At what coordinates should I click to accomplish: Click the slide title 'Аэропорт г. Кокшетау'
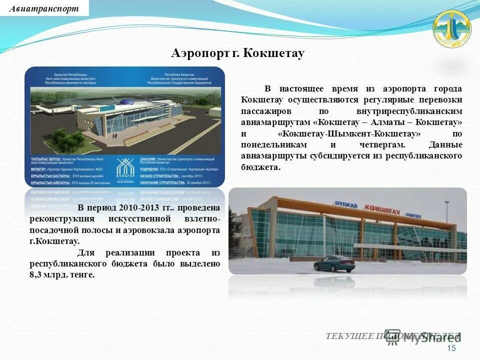pyautogui.click(x=237, y=53)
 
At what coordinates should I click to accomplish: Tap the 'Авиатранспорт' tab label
pyautogui.click(x=44, y=8)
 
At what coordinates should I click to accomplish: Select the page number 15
pyautogui.click(x=451, y=348)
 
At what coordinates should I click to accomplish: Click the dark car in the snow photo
pyautogui.click(x=334, y=263)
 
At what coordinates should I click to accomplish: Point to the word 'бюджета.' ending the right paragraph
pyautogui.click(x=260, y=167)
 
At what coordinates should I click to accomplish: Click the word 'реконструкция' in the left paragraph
pyautogui.click(x=62, y=219)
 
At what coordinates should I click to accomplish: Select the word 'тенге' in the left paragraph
pyautogui.click(x=81, y=274)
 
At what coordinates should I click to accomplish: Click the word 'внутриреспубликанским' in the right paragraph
pyautogui.click(x=409, y=111)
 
